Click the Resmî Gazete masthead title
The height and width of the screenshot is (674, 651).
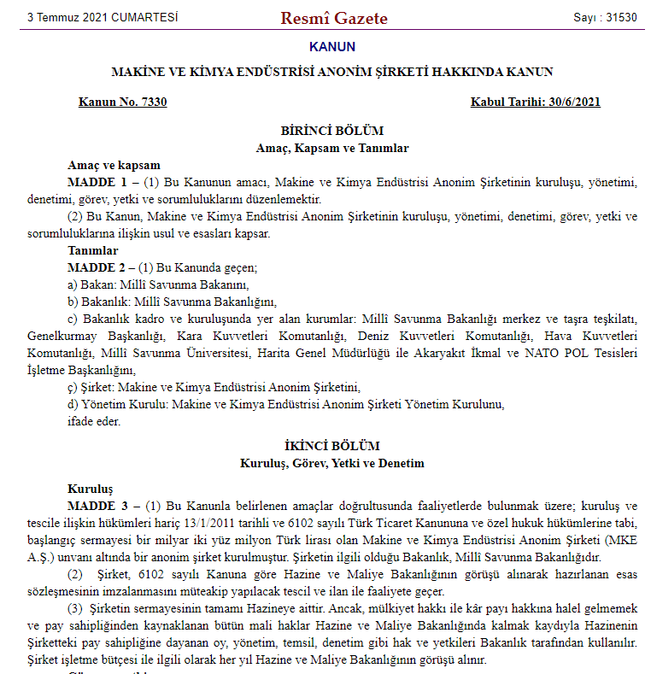tap(334, 18)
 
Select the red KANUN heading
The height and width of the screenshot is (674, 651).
tap(332, 47)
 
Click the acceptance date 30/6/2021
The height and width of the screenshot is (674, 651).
tap(572, 103)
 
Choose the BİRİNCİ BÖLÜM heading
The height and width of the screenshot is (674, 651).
tap(332, 132)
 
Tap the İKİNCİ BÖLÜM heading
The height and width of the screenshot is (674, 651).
tap(332, 447)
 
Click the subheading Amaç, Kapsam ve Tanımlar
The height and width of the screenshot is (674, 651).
tap(332, 149)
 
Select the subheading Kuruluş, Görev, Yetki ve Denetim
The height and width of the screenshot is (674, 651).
tap(332, 464)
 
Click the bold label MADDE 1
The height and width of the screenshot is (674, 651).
tap(97, 182)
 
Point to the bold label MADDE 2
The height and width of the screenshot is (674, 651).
tap(97, 267)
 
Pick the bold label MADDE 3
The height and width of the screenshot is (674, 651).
tap(97, 506)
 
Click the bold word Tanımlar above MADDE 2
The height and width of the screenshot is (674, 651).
tap(92, 251)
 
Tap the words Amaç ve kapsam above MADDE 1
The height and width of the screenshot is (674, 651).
tap(114, 166)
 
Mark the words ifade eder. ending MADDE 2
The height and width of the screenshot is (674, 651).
tap(94, 420)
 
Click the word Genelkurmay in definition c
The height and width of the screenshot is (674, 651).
tap(61, 336)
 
